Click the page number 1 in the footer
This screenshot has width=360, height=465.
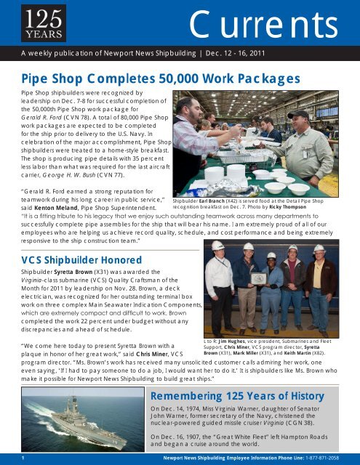[x=23, y=458]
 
